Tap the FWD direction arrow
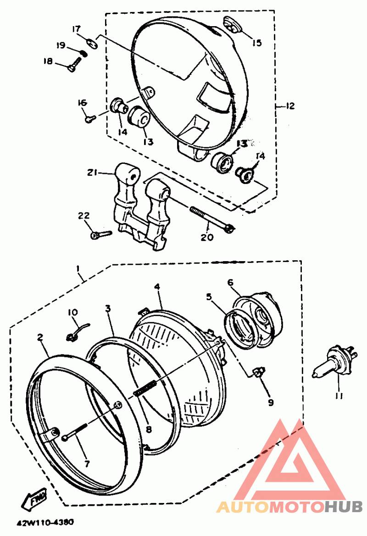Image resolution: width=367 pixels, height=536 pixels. click(x=34, y=498)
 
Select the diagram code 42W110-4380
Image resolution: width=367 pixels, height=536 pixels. click(x=45, y=523)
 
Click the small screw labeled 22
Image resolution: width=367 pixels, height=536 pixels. click(x=101, y=234)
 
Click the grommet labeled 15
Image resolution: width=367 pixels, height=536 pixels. click(x=233, y=25)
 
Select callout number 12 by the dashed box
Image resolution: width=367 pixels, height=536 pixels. click(x=290, y=106)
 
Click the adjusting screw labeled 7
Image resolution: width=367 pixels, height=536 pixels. click(x=76, y=432)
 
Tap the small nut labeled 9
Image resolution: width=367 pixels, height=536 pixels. click(x=259, y=372)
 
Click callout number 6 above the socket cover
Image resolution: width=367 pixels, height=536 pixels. click(x=230, y=282)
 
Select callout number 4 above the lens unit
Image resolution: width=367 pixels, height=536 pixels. click(x=157, y=286)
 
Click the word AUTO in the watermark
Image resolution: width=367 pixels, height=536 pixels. click(x=243, y=507)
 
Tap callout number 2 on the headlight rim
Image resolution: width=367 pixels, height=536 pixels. click(x=40, y=337)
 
